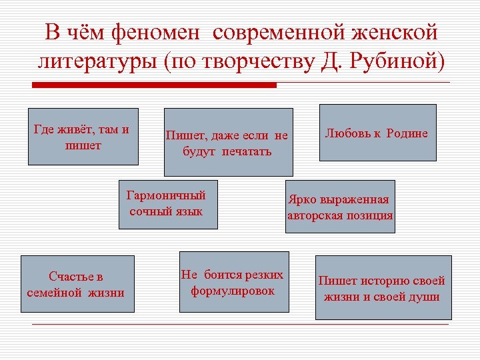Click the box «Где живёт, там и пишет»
(x=83, y=136)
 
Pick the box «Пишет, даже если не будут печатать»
(x=228, y=141)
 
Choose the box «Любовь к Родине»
(x=377, y=133)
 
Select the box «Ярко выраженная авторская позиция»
(x=340, y=207)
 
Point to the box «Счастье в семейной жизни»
(x=76, y=283)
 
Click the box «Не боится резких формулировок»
(x=233, y=282)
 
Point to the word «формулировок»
(x=233, y=291)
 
